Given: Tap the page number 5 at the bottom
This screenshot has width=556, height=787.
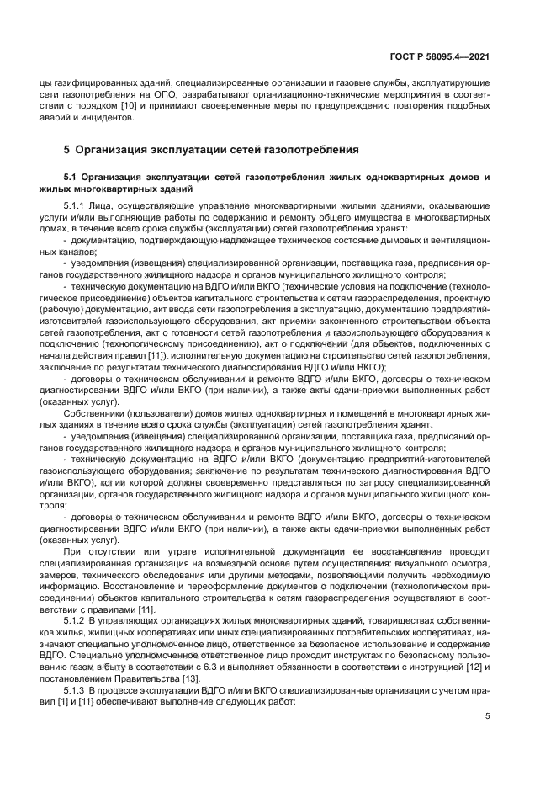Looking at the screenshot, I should (488, 716).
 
